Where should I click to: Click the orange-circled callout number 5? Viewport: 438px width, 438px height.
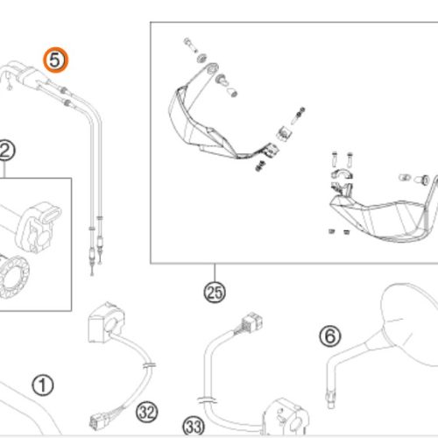pyautogui.click(x=55, y=60)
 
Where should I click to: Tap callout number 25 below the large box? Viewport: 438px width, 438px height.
pyautogui.click(x=215, y=293)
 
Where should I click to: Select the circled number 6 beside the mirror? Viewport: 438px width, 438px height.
pyautogui.click(x=330, y=336)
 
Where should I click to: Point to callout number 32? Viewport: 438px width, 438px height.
pyautogui.click(x=147, y=413)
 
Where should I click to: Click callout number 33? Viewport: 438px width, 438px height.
pyautogui.click(x=194, y=427)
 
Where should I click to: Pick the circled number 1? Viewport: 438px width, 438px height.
pyautogui.click(x=43, y=385)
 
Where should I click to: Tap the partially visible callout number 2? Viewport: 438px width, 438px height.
pyautogui.click(x=6, y=151)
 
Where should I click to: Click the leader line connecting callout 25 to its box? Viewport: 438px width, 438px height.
pyautogui.click(x=215, y=272)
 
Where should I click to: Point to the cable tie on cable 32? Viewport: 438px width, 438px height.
pyautogui.click(x=149, y=365)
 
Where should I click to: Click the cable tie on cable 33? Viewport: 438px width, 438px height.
pyautogui.click(x=207, y=400)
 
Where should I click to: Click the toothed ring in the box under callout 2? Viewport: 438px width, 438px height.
pyautogui.click(x=13, y=277)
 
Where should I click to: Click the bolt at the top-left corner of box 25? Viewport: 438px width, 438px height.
pyautogui.click(x=189, y=45)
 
